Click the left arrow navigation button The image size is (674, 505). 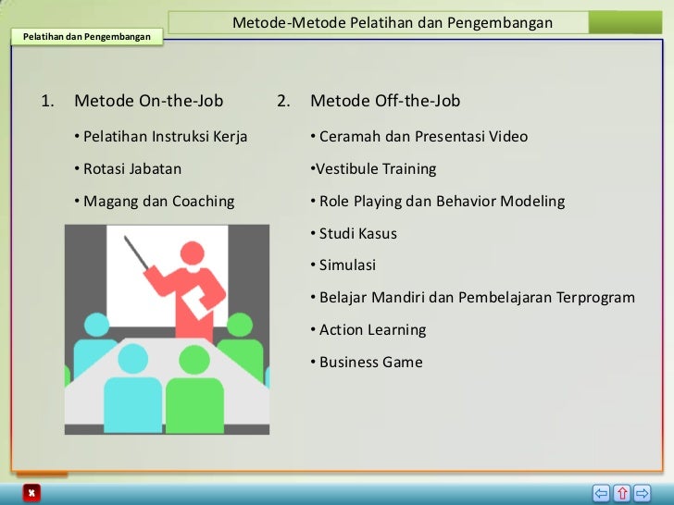click(602, 492)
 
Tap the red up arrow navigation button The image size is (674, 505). click(622, 492)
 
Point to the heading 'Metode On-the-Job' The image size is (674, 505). click(148, 101)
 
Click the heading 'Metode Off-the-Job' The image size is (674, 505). click(385, 101)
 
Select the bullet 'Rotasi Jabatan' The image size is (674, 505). click(131, 168)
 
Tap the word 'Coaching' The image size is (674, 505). click(204, 201)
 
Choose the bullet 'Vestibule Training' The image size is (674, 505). click(375, 168)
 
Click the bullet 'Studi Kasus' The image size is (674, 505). click(357, 233)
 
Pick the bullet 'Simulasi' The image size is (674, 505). click(347, 265)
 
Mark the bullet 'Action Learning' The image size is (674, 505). click(372, 329)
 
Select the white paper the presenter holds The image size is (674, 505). click(196, 303)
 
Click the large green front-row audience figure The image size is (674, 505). click(194, 393)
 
